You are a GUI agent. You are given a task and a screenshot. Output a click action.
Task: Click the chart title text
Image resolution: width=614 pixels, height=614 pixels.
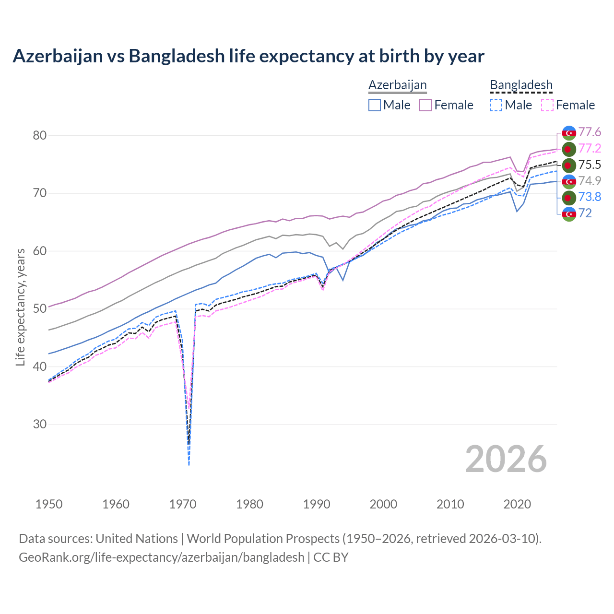pyautogui.click(x=248, y=56)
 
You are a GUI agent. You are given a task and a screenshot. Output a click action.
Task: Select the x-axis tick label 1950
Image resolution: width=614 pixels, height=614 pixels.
pyautogui.click(x=49, y=504)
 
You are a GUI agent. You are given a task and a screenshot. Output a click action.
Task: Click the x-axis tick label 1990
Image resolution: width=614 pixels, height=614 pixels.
pyautogui.click(x=317, y=504)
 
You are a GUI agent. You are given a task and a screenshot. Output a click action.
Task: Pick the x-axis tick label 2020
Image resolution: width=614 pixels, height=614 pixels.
pyautogui.click(x=517, y=504)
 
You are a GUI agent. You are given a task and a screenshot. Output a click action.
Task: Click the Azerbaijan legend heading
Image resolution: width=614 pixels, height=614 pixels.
pyautogui.click(x=397, y=85)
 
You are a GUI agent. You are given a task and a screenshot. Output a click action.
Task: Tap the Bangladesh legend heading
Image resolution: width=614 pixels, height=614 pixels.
pyautogui.click(x=521, y=85)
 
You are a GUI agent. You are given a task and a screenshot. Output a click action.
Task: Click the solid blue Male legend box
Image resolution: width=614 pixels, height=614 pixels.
pyautogui.click(x=375, y=105)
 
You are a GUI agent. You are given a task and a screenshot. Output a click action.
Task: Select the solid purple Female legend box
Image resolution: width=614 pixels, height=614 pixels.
pyautogui.click(x=425, y=105)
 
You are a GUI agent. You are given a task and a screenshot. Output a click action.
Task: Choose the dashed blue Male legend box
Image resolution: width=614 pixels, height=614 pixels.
pyautogui.click(x=496, y=105)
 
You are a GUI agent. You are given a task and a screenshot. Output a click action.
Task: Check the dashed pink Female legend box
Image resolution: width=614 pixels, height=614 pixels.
pyautogui.click(x=547, y=105)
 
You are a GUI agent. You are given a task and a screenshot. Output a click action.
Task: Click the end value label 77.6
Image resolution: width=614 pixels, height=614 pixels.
pyautogui.click(x=590, y=132)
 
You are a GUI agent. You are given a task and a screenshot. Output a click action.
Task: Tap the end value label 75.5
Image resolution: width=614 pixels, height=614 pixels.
pyautogui.click(x=590, y=165)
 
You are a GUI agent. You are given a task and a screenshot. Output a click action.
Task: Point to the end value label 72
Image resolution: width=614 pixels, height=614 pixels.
pyautogui.click(x=585, y=213)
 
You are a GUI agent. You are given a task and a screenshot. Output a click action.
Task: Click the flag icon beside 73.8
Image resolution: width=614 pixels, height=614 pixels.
pyautogui.click(x=569, y=197)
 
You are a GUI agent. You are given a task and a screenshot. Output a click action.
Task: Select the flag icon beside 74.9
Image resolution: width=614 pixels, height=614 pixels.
pyautogui.click(x=569, y=181)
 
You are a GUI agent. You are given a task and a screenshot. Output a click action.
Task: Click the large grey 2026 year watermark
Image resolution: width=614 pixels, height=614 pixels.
pyautogui.click(x=506, y=460)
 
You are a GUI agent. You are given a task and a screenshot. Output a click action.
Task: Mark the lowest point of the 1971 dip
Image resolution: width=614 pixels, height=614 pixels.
pyautogui.click(x=189, y=465)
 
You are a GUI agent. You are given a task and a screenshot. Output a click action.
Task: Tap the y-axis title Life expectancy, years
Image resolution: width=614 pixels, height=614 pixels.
pyautogui.click(x=20, y=307)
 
